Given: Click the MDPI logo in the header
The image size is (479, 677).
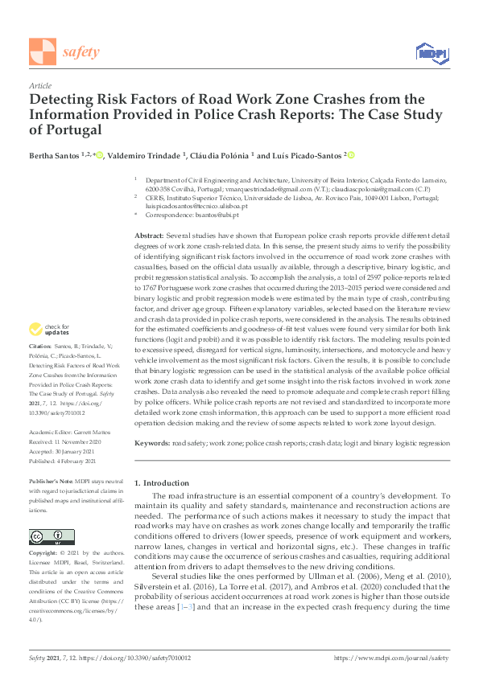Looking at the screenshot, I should click(x=431, y=52).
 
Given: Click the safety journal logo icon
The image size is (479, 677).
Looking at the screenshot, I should click(x=42, y=51).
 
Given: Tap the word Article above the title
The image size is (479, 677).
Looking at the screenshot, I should click(x=40, y=84).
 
